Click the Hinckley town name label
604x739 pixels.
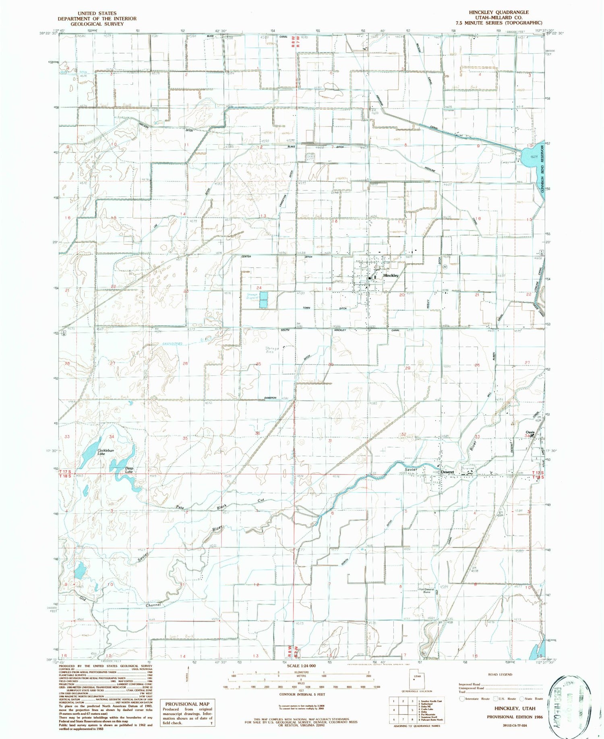pos(391,275)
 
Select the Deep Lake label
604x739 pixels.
pos(128,470)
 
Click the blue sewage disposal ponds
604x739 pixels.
pos(264,300)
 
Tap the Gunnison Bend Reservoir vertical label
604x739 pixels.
pos(543,169)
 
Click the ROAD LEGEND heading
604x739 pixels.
pos(500,674)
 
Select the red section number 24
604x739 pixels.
pos(259,288)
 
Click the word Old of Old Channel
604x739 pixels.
pos(84,598)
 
